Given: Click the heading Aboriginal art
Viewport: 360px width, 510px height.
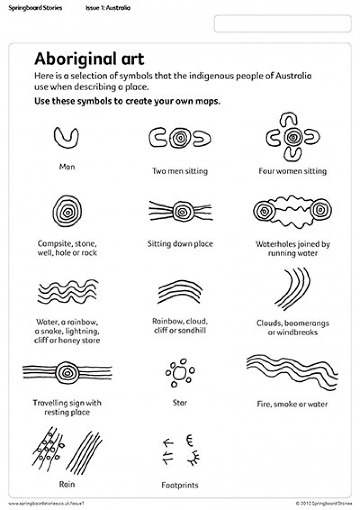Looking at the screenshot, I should coord(89,59).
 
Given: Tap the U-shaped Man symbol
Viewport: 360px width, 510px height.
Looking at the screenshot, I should coord(66,138).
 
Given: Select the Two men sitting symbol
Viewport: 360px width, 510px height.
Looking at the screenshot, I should coord(180,138).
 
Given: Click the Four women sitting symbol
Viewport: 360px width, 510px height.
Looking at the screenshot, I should coord(292,137).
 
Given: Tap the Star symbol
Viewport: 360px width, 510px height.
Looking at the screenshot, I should coord(180,373).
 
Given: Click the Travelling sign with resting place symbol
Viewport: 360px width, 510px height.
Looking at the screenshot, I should coord(67,372).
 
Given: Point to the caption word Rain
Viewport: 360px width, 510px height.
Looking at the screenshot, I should coord(67,483).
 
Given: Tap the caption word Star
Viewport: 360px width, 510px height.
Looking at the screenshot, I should coord(180,402).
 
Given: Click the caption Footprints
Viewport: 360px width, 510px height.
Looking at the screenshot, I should coord(180,485).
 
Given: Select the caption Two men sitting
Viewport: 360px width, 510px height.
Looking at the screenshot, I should coord(180,171).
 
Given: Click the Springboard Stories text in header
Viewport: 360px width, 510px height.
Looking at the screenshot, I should coord(35,8).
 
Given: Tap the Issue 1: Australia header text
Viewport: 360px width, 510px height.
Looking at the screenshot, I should coord(108,8).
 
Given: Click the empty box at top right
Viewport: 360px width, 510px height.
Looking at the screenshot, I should coord(282,24).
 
